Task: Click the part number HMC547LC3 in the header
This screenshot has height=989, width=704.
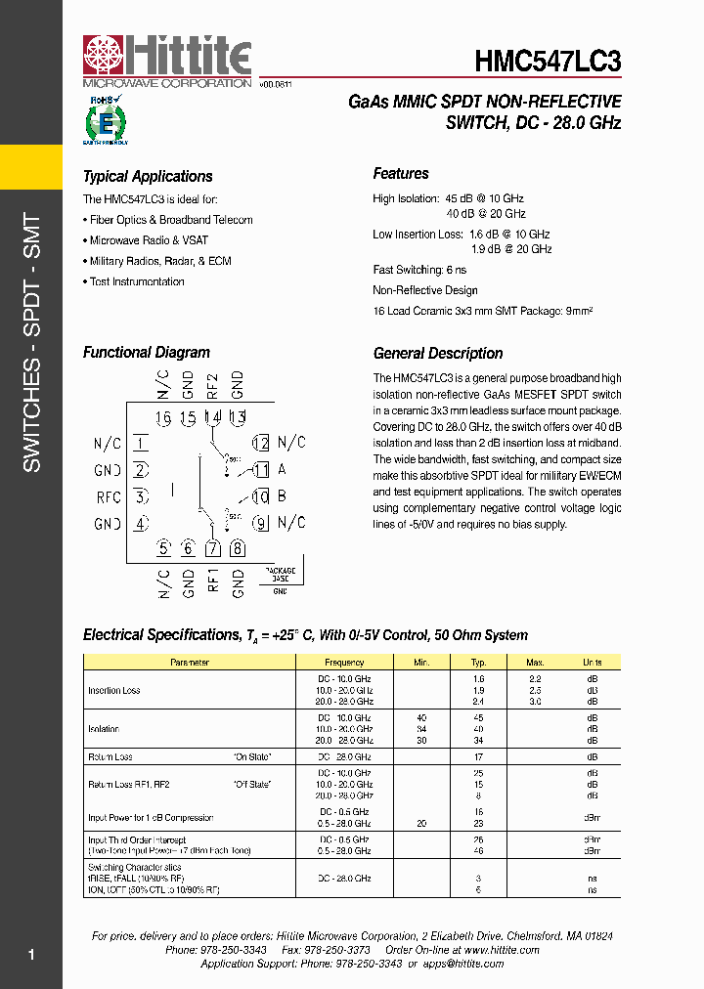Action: (548, 62)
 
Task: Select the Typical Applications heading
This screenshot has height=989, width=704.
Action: (148, 177)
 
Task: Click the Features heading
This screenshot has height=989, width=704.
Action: (401, 174)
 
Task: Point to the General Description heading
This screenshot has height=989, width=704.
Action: (438, 354)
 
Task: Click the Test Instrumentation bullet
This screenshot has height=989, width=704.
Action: (136, 281)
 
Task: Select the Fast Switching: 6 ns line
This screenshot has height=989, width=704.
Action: (419, 270)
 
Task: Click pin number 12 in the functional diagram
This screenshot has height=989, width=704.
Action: (260, 443)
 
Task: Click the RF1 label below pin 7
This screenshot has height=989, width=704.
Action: (213, 582)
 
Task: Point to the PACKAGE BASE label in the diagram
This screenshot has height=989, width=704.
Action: (281, 574)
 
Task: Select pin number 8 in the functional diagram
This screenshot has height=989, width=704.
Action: (238, 548)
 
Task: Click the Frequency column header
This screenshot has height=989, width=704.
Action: (344, 663)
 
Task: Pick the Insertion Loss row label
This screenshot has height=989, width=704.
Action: (114, 691)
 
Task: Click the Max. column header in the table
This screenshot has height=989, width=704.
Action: (535, 663)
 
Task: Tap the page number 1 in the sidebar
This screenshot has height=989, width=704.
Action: (31, 954)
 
